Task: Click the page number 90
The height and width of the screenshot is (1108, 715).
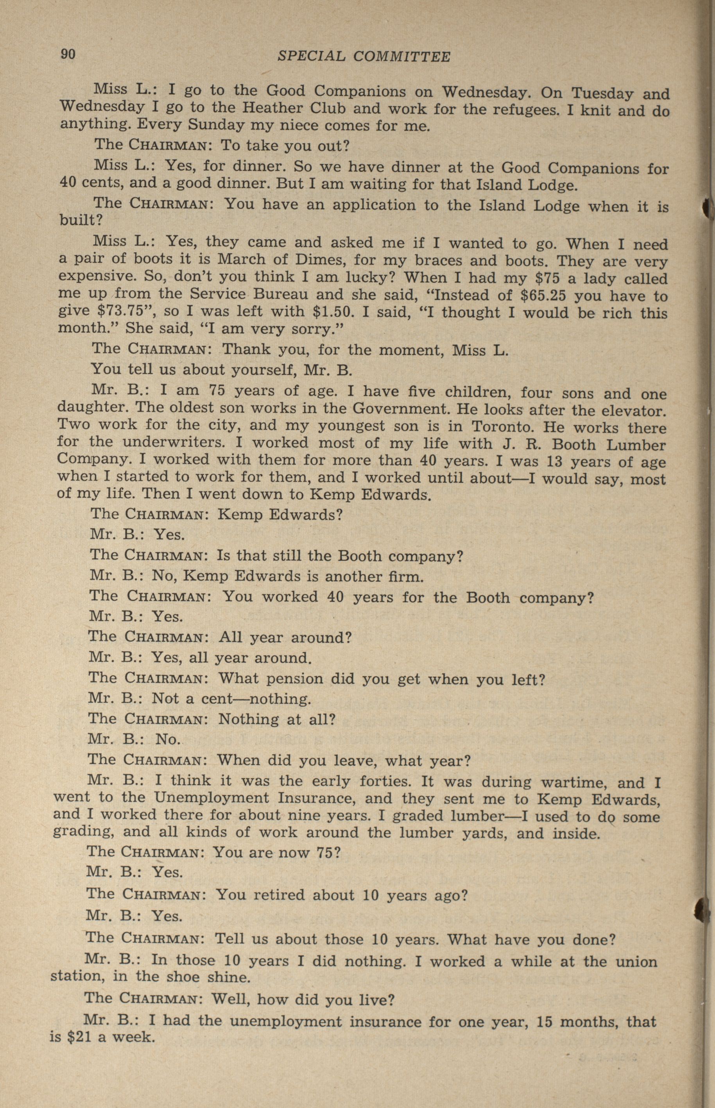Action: click(x=68, y=54)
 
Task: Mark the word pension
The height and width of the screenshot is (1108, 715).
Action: click(x=290, y=679)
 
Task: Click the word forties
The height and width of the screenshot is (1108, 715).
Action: click(x=383, y=781)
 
